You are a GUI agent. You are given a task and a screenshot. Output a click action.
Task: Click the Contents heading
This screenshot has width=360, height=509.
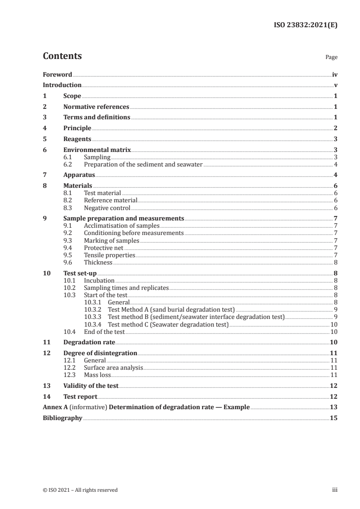[62, 56]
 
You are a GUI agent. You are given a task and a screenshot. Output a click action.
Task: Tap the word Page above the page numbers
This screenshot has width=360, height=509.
[331, 58]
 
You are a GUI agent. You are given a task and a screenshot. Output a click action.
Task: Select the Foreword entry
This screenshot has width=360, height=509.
[57, 74]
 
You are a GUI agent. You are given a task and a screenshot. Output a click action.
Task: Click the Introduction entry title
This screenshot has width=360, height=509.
[62, 85]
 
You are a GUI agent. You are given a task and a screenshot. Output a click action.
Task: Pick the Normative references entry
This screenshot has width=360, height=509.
[96, 107]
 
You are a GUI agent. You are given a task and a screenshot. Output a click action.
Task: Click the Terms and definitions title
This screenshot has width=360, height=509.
[97, 117]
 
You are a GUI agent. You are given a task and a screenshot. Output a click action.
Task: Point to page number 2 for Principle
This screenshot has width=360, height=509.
[335, 128]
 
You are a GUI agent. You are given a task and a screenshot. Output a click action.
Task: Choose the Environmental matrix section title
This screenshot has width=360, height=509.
[97, 150]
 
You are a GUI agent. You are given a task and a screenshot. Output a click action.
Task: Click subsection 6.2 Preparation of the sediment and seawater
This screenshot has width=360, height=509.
[143, 164]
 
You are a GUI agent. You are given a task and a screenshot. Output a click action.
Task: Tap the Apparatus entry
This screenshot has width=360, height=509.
[79, 175]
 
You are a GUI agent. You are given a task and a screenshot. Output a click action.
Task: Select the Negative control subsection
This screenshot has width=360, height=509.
[107, 208]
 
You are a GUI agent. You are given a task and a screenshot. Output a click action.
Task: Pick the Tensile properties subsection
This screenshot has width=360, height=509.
[109, 255]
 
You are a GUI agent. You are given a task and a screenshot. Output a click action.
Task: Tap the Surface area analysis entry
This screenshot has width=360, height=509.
[113, 367]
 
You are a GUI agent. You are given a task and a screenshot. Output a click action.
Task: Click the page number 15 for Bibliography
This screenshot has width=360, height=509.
[334, 418]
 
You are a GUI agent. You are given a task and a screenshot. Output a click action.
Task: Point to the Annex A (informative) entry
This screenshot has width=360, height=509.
[146, 407]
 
